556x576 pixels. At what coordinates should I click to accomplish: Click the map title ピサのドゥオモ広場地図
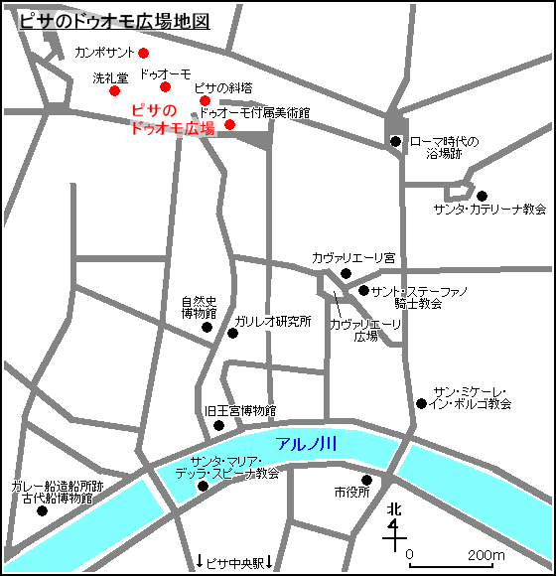(115, 22)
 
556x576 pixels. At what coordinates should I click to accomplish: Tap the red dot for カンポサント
(143, 53)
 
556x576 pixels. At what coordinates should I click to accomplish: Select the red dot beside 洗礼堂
(114, 91)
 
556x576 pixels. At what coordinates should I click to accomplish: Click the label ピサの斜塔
(223, 87)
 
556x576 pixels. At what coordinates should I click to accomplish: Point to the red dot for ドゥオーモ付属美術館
(229, 124)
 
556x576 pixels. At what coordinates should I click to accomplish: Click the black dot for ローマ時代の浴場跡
(396, 141)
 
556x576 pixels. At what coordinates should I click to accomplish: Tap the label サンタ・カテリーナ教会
(489, 210)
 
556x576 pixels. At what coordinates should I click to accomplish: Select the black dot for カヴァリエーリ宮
(346, 273)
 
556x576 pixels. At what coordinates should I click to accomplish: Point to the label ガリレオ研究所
(273, 322)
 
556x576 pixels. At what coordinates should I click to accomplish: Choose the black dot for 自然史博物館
(207, 327)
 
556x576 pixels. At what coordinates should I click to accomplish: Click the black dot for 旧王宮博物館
(219, 426)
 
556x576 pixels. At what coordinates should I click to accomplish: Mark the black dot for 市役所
(366, 480)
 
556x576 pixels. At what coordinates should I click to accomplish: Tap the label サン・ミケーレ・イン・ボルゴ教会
(472, 397)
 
